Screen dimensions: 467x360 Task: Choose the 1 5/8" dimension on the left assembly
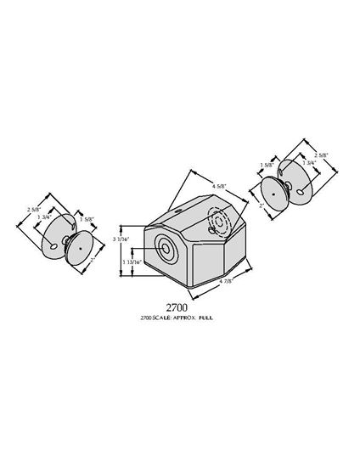tap(86, 219)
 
